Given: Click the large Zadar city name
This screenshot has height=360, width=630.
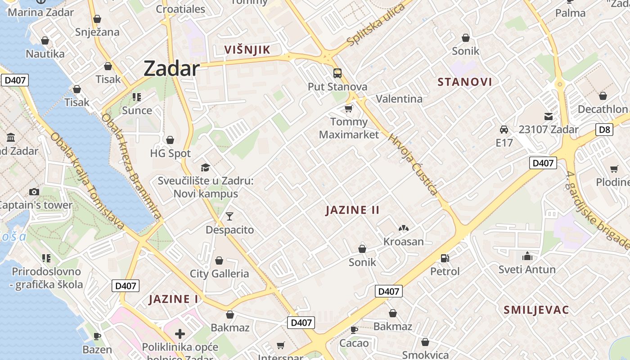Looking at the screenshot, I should click(171, 69).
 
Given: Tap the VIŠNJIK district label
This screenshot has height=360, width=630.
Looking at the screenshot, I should click(247, 49).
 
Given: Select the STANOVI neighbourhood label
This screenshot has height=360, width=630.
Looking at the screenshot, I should click(465, 82).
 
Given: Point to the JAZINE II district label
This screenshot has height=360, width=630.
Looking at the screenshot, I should click(353, 210).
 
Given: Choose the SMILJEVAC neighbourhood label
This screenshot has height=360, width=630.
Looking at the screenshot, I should click(536, 310).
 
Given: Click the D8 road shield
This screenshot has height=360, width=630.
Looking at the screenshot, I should click(605, 130).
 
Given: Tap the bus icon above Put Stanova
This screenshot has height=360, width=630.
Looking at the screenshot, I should click(337, 73).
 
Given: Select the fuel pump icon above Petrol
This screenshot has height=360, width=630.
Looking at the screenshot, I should click(445, 258).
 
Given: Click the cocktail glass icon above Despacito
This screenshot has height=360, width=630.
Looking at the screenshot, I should click(229, 216).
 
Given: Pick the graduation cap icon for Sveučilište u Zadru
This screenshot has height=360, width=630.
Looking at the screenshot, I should click(205, 167).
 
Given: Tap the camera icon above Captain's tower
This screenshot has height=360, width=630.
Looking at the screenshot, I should click(34, 192).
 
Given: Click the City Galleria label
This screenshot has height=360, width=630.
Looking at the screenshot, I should click(219, 274).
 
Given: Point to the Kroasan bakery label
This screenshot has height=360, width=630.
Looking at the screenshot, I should click(404, 242).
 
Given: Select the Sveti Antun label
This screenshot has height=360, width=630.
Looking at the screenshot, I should click(527, 270).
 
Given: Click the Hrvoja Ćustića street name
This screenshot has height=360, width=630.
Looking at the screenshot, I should click(413, 164).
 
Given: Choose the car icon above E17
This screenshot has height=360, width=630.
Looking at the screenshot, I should click(504, 130).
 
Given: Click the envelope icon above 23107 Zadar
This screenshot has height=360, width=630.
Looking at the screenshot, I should click(549, 116).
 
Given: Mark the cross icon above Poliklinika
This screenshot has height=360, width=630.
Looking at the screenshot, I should click(180, 334).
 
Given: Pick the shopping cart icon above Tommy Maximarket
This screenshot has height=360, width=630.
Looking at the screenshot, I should click(348, 108).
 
